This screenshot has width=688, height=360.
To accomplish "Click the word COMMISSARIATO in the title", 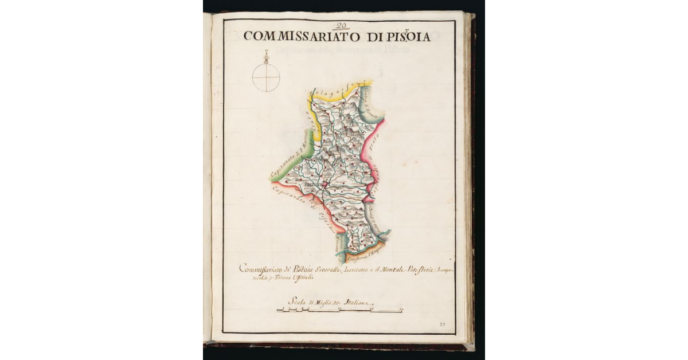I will [293, 37].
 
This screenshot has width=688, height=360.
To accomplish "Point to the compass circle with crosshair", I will [267, 77].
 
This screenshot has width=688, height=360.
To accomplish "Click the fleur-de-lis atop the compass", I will [267, 55].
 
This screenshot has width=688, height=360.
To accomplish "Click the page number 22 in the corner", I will [442, 324].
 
